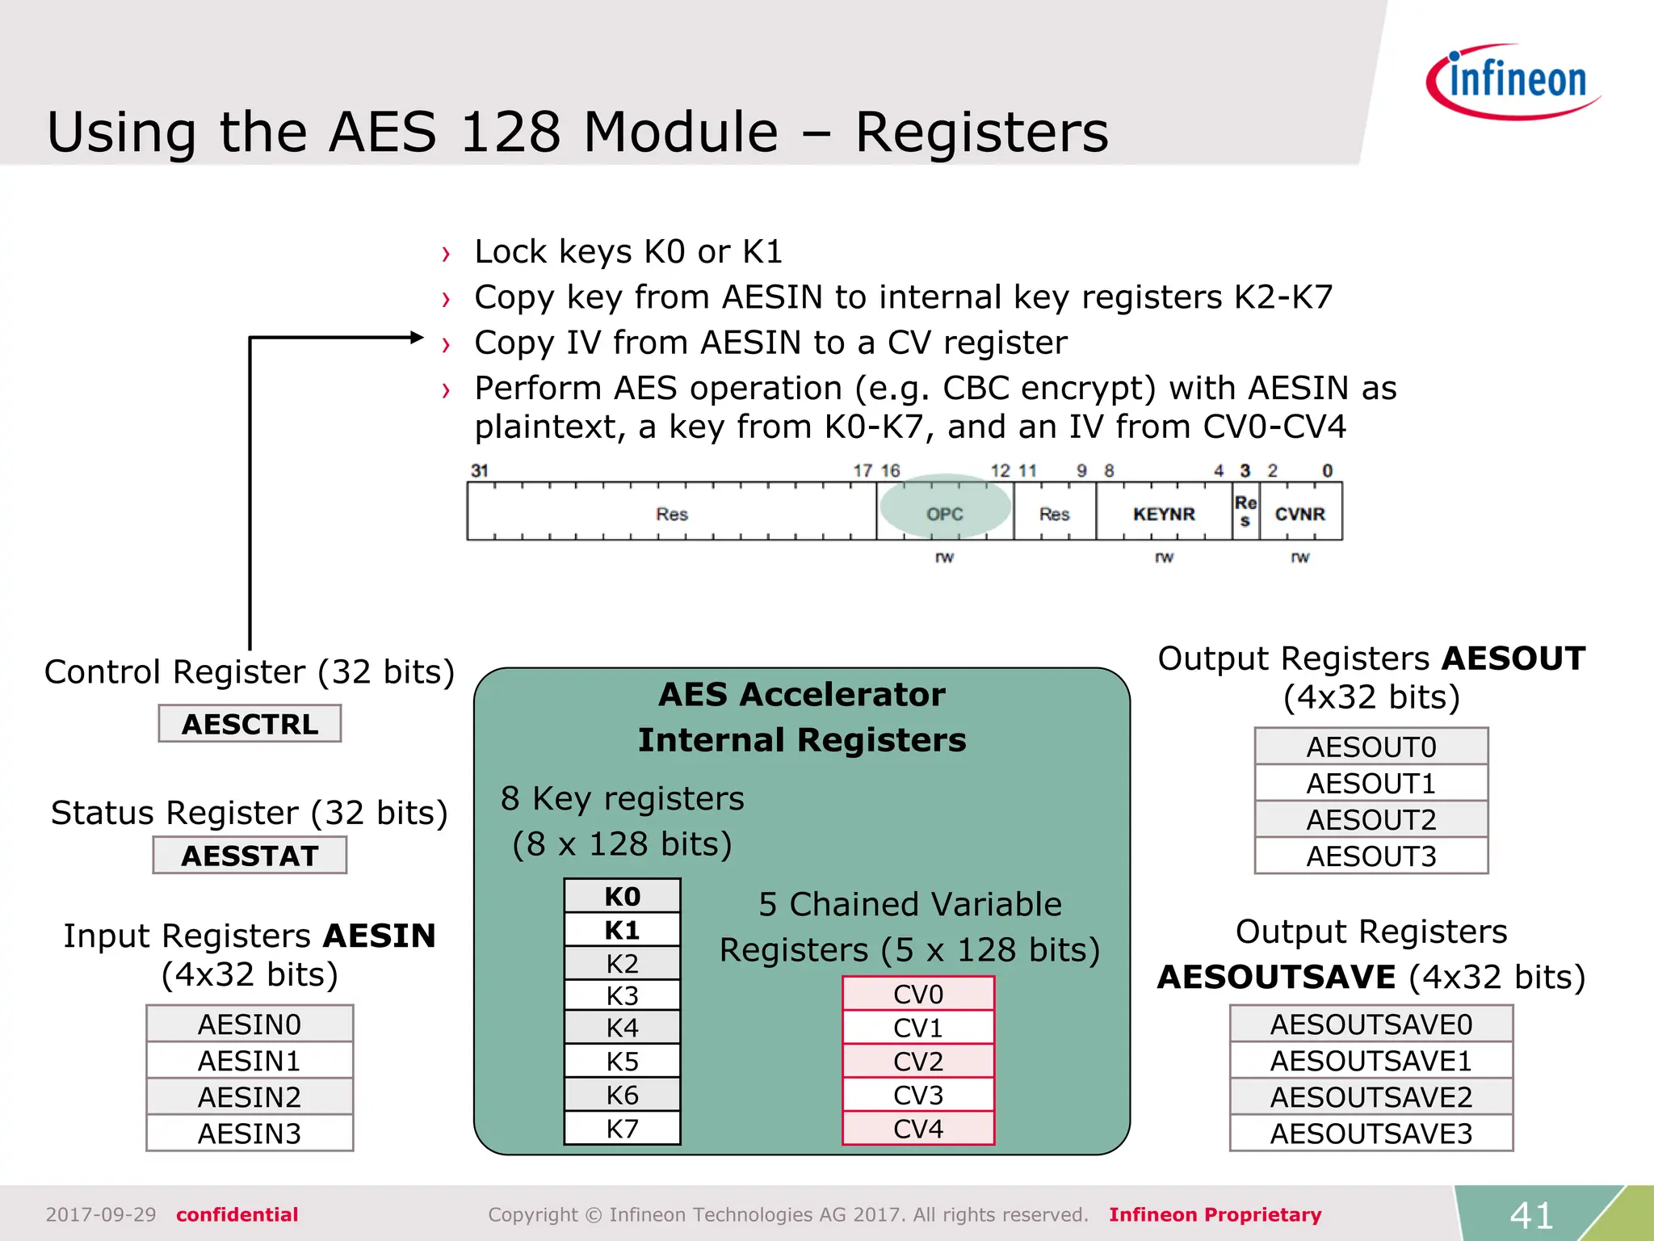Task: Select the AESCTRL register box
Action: [250, 724]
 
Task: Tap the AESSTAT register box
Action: [250, 856]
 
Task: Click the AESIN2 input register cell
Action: [250, 1097]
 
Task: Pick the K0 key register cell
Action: [622, 897]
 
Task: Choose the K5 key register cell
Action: [622, 1062]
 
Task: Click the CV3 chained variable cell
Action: [918, 1096]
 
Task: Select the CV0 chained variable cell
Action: [918, 995]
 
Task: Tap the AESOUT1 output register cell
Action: [1371, 784]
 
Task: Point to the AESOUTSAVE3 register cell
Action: [1371, 1134]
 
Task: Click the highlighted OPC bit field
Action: [945, 514]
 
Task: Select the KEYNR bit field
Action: [1164, 514]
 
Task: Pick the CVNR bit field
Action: [1300, 514]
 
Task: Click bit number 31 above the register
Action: [480, 470]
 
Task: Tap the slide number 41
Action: [1532, 1215]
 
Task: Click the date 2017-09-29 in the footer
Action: [101, 1215]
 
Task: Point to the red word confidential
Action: [237, 1215]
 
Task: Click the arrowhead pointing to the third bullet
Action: [417, 338]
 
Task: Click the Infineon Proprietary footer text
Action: [1215, 1215]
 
